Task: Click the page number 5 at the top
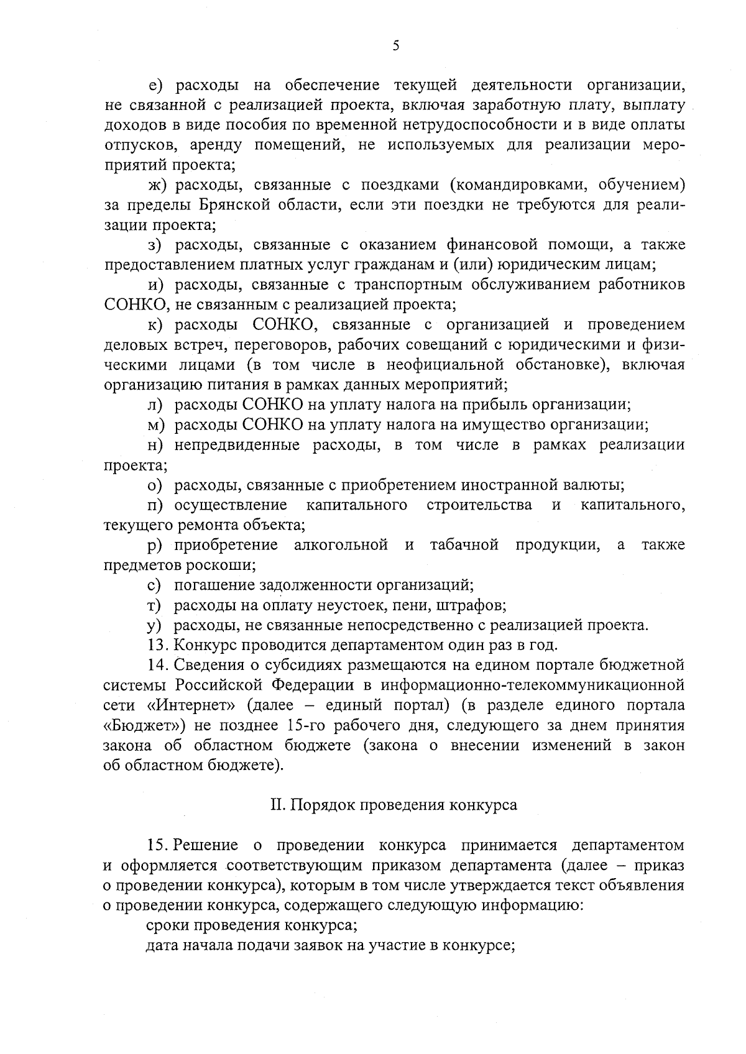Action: (395, 45)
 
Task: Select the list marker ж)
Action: (158, 185)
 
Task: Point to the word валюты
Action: (597, 485)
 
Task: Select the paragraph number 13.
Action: (159, 645)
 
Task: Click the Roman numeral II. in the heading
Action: (278, 805)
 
